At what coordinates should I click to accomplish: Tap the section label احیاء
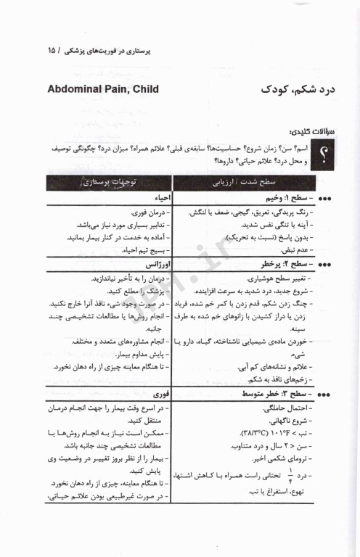coord(160,198)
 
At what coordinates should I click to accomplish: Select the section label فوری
coord(162,393)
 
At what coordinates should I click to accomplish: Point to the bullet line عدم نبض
coord(287,250)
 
